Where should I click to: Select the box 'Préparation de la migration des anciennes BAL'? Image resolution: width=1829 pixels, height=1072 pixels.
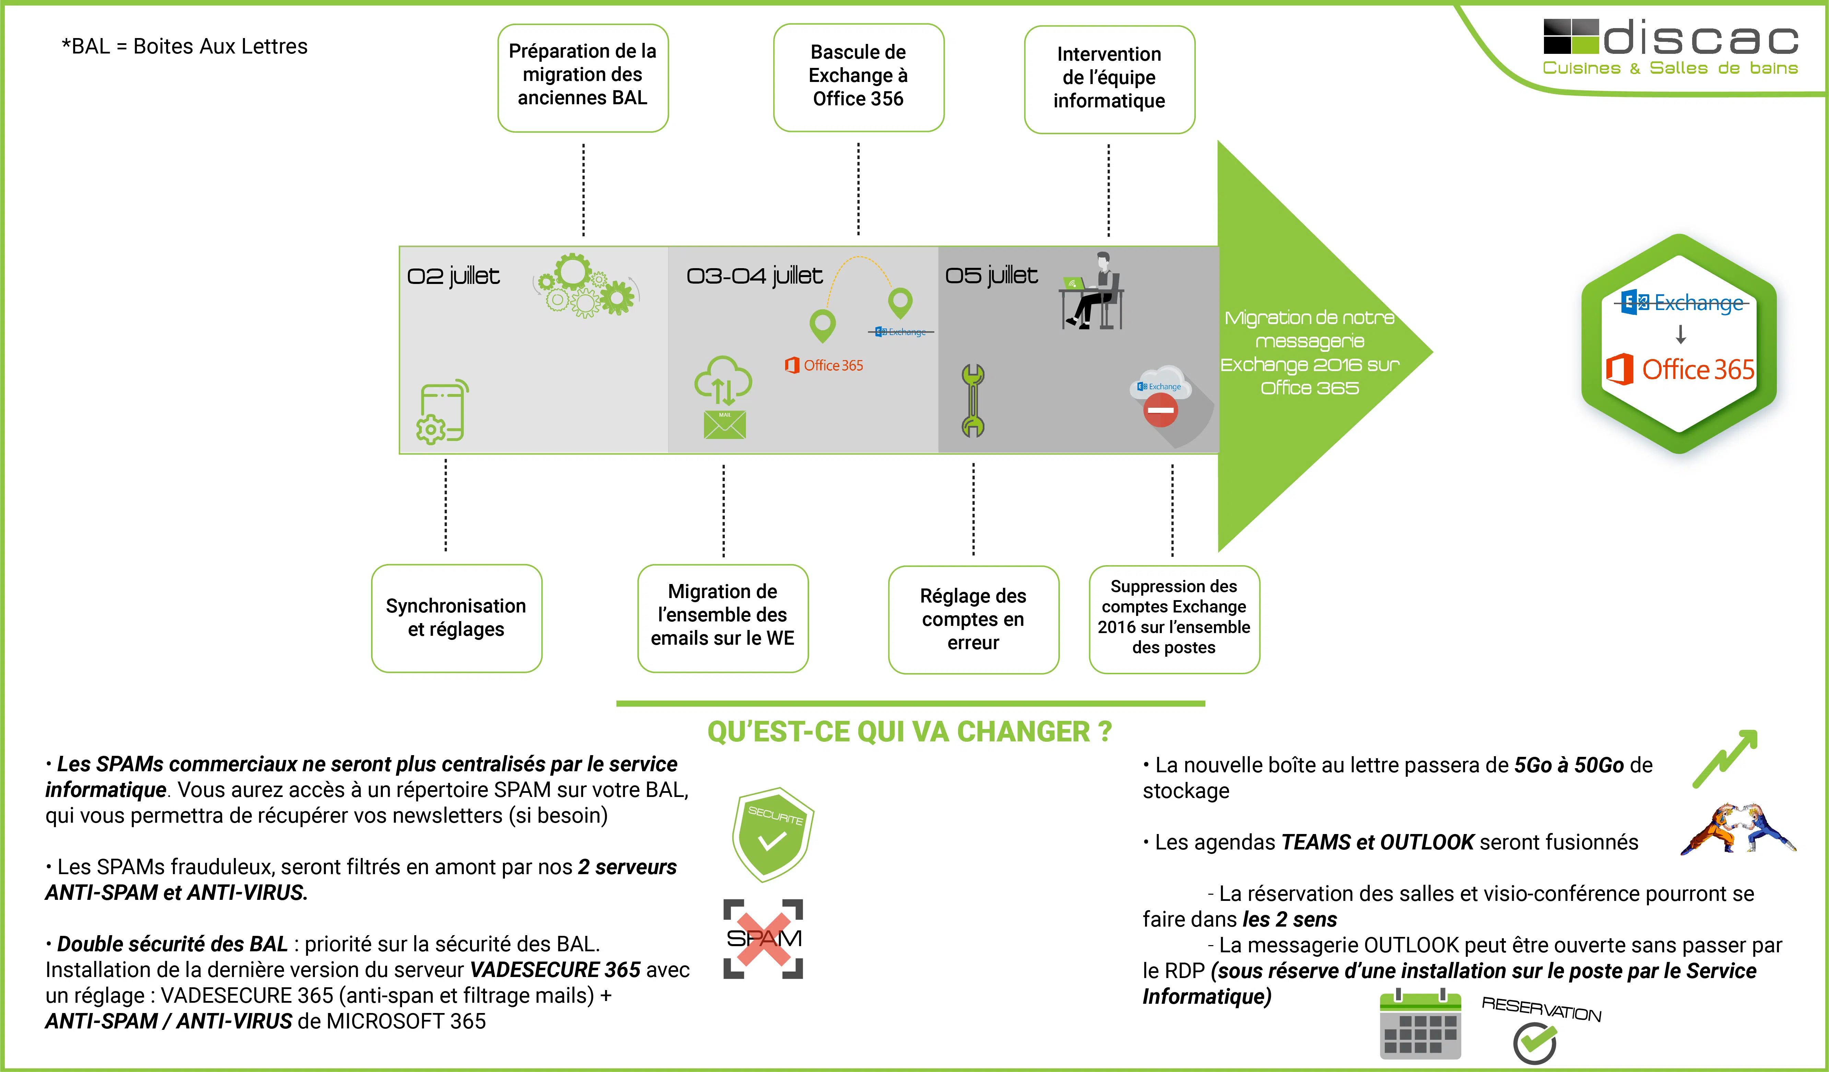(583, 78)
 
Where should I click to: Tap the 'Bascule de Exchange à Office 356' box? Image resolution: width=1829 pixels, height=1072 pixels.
(859, 77)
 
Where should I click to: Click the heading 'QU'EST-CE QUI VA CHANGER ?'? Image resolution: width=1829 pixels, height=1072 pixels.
(909, 731)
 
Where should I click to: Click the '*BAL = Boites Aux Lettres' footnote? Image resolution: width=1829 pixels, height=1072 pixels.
(184, 46)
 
